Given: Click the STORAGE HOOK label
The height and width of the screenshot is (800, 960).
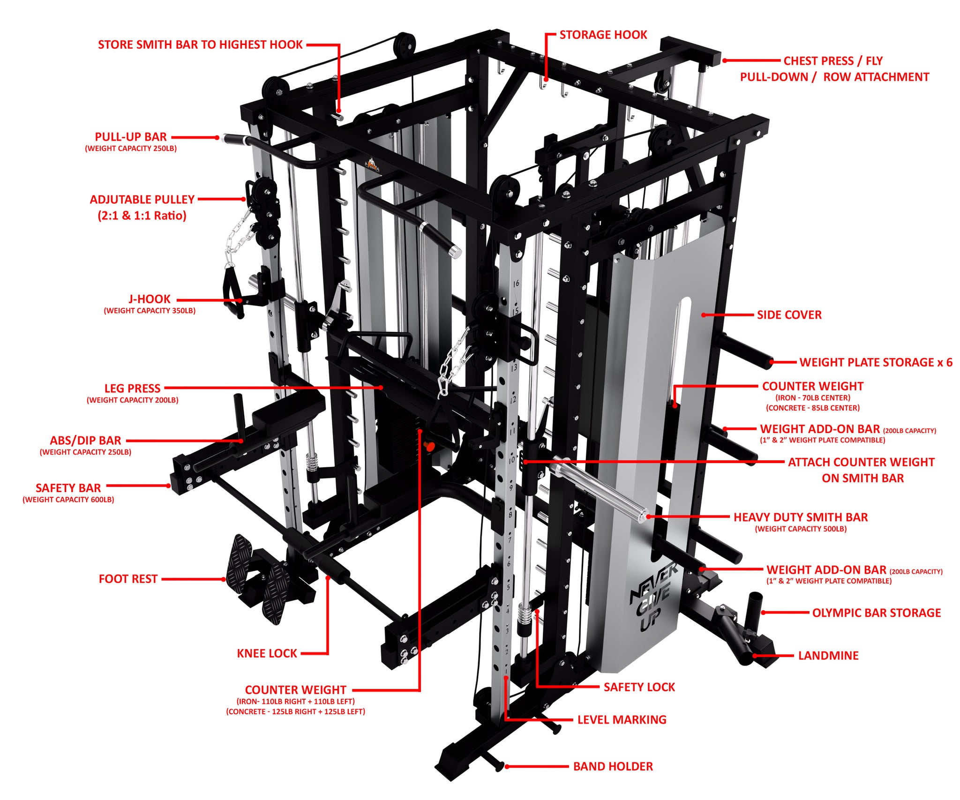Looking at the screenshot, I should (x=603, y=35).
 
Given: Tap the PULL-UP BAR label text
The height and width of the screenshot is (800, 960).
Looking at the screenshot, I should (x=131, y=137).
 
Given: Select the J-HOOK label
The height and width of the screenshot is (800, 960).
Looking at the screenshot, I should (x=150, y=299).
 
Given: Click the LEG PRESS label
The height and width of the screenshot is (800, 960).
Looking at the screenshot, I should (x=132, y=389).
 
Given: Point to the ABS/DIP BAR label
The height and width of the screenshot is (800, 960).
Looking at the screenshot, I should (x=85, y=441).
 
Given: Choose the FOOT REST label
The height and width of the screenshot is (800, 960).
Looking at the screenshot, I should (x=128, y=579).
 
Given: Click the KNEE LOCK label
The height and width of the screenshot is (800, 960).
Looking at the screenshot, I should (x=267, y=653).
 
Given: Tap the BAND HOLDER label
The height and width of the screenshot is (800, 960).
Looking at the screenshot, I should (x=613, y=767).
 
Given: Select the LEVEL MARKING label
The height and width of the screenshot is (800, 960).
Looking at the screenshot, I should (x=622, y=720).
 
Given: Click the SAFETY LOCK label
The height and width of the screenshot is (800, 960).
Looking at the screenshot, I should (x=639, y=687).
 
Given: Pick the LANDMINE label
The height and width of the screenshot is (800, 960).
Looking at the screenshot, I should (x=828, y=656).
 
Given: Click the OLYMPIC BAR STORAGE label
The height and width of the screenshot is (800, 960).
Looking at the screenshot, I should (x=876, y=613).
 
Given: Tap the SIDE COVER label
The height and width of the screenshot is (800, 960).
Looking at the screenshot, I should (x=789, y=315).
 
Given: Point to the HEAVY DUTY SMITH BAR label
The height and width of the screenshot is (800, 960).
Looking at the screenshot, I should (x=800, y=517).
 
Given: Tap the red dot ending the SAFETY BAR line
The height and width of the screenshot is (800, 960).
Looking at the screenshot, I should (x=169, y=486).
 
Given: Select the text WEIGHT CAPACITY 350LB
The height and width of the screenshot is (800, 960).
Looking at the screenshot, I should (x=150, y=311).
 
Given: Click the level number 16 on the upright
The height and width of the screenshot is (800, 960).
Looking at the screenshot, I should (x=516, y=284).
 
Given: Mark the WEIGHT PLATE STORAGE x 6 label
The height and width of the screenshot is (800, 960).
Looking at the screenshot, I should (x=876, y=362).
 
